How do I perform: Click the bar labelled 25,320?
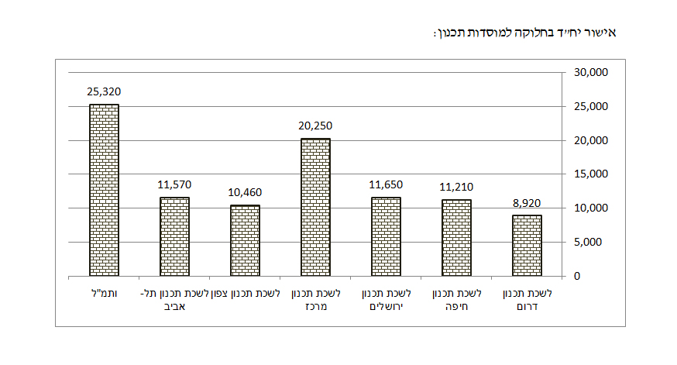(x=104, y=190)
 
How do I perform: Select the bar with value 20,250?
(x=315, y=207)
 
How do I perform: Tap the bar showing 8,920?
(x=527, y=246)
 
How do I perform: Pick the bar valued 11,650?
(x=386, y=236)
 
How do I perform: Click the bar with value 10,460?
(x=245, y=240)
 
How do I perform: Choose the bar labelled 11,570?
(x=174, y=236)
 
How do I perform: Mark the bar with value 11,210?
(x=456, y=238)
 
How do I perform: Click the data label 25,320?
(x=104, y=91)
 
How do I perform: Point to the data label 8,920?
(x=527, y=202)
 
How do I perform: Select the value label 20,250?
(x=315, y=126)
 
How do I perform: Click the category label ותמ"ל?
(x=104, y=294)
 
